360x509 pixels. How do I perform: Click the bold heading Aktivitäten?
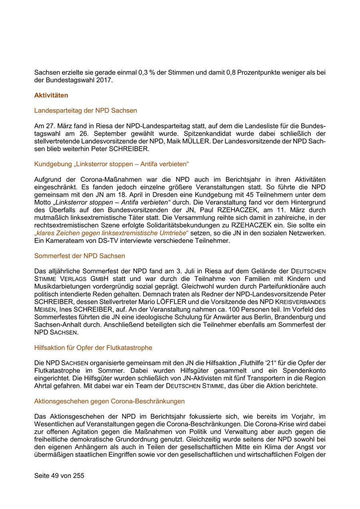51,95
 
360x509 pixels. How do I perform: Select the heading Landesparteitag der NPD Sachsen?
86,110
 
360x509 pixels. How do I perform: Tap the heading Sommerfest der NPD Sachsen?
80,255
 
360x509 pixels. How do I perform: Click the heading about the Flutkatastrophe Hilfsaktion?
93,347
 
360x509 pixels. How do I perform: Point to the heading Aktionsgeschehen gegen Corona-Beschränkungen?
109,401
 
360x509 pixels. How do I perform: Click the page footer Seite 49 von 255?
59,476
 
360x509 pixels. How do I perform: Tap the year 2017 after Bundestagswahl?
106,80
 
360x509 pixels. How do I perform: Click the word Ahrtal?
44,386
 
